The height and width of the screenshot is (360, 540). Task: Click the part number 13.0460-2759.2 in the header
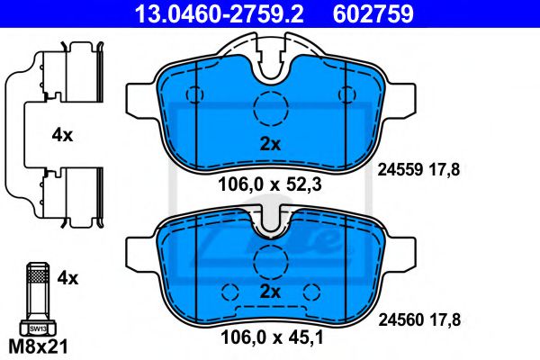point(219,13)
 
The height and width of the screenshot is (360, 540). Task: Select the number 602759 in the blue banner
point(373,13)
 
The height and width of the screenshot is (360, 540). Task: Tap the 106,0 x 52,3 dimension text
point(270,185)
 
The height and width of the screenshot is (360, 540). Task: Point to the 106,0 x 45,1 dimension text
point(272,337)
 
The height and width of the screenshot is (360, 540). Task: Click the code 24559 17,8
point(418,170)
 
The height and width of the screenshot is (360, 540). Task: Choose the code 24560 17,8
point(419,320)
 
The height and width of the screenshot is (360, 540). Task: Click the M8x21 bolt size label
point(38,346)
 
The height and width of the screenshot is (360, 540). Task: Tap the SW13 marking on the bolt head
point(38,328)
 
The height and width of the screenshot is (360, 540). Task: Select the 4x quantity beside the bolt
point(67,278)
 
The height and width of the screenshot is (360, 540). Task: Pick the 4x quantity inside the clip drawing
point(62,135)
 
